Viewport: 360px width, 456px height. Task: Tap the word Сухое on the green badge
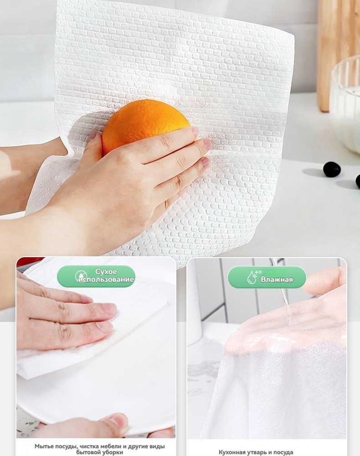[106, 272]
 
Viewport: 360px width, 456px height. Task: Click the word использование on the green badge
[106, 280]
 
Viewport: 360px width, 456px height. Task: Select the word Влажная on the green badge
[277, 280]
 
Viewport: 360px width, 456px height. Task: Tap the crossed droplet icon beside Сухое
[81, 276]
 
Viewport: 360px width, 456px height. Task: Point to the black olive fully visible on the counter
[332, 170]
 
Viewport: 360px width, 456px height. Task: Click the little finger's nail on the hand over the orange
[206, 163]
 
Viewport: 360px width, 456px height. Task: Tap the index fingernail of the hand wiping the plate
[109, 308]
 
